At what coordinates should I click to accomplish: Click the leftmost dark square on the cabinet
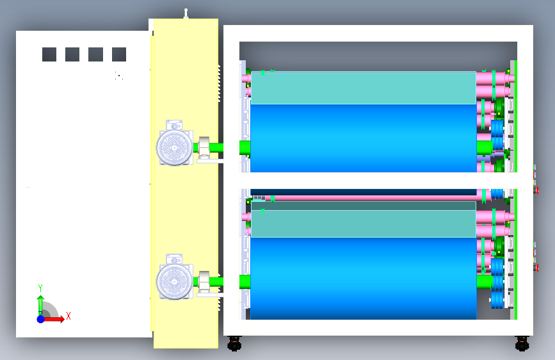49,54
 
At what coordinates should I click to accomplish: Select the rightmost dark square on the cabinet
119,54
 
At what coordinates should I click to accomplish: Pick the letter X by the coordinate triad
68,316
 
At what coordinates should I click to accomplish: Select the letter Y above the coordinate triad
40,288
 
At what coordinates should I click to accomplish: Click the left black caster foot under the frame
234,344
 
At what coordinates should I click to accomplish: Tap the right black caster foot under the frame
522,344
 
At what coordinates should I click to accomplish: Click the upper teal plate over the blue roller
363,88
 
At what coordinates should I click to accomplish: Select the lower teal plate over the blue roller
363,224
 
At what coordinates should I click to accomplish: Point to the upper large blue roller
363,138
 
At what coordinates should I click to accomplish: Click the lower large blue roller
363,279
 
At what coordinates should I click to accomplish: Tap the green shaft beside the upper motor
216,147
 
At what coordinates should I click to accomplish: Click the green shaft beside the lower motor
216,281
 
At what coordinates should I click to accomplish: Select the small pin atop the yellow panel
186,13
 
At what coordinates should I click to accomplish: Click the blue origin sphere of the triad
40,319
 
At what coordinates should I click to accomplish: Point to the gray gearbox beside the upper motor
204,147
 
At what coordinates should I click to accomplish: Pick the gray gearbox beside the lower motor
204,281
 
